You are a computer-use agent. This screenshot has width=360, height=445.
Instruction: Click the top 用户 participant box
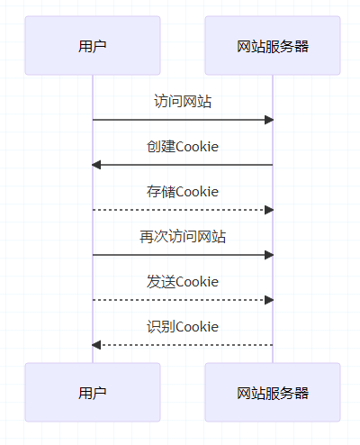[x=93, y=45]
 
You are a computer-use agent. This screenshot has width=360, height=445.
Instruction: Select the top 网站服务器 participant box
[x=273, y=45]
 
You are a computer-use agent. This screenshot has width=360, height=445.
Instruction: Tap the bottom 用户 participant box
[x=93, y=392]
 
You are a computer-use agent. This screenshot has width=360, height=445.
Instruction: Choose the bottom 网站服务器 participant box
[x=273, y=392]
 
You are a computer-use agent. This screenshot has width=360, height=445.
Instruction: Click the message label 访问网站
[x=183, y=101]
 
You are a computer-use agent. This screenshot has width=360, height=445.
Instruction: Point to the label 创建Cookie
[x=183, y=147]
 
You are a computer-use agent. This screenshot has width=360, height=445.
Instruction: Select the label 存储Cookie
[x=183, y=192]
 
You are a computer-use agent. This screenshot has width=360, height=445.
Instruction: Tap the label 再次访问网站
[x=183, y=237]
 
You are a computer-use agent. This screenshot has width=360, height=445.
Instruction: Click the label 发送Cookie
[x=183, y=282]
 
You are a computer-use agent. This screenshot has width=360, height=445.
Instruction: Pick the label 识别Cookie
[x=183, y=327]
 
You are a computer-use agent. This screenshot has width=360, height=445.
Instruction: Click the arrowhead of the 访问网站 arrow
[x=269, y=120]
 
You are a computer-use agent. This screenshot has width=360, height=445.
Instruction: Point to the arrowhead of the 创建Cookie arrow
[x=96, y=165]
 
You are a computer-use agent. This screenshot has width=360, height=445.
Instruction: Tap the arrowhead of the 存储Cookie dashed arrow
[x=269, y=210]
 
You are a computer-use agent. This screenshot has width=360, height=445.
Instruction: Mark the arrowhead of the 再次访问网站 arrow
[x=269, y=255]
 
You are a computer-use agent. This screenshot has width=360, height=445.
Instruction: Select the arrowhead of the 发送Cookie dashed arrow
[x=269, y=300]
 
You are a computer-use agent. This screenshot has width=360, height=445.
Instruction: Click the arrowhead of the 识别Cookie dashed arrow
[x=96, y=345]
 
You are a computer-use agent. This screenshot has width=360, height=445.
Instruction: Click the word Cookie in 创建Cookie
[x=197, y=147]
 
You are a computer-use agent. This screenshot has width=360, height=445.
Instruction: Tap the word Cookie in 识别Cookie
[x=197, y=327]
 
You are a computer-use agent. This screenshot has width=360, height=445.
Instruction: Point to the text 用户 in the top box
[x=93, y=46]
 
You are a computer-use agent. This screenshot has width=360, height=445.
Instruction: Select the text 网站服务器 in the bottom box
[x=273, y=393]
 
